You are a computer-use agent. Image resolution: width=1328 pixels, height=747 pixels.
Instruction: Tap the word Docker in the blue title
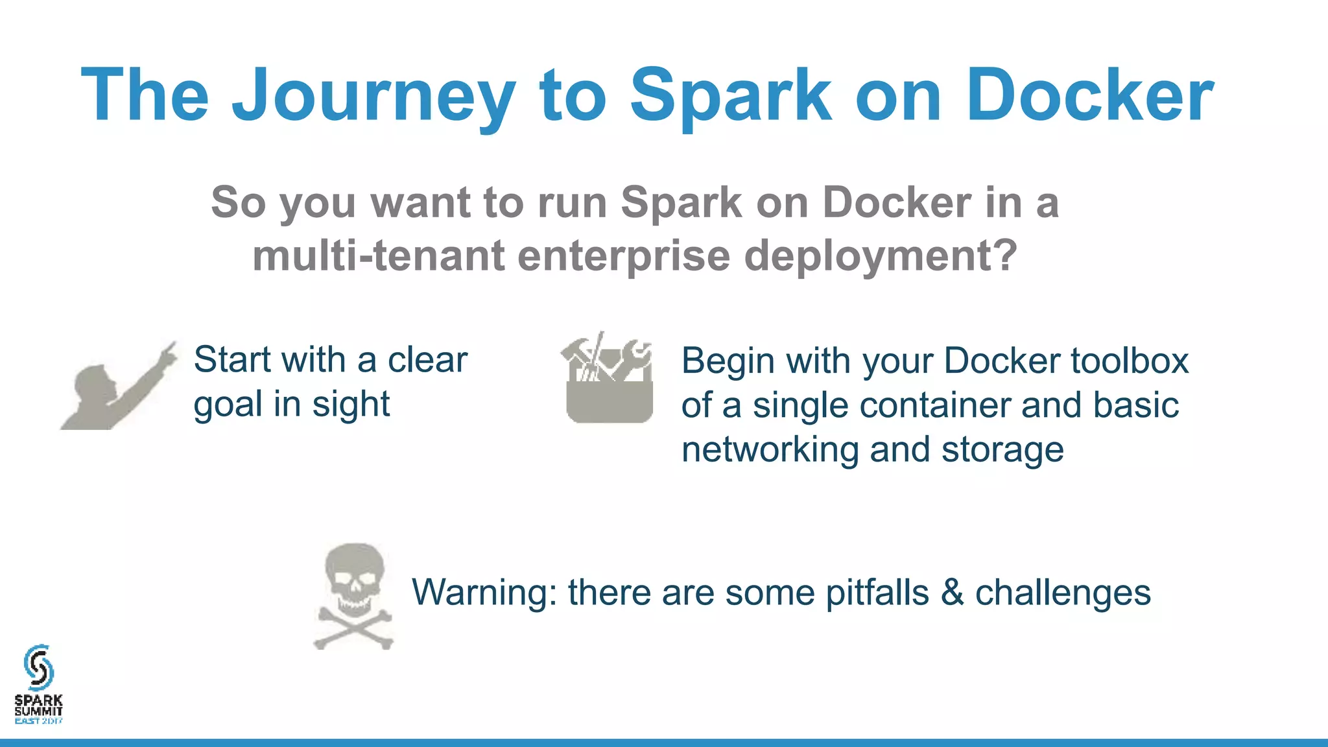pyautogui.click(x=1089, y=96)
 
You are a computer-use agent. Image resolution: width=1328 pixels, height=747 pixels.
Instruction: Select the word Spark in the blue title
pyautogui.click(x=731, y=96)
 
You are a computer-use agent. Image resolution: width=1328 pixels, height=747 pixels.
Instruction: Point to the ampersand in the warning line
pyautogui.click(x=952, y=593)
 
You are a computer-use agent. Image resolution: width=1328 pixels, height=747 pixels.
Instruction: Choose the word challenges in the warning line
pyautogui.click(x=1063, y=593)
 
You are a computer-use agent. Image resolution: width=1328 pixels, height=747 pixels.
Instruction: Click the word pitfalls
pyautogui.click(x=877, y=593)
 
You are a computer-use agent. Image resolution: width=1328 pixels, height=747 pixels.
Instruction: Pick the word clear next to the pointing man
pyautogui.click(x=427, y=360)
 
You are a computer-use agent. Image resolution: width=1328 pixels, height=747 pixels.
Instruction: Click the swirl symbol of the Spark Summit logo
pyautogui.click(x=38, y=667)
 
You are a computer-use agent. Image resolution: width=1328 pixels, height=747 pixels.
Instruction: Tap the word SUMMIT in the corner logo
pyautogui.click(x=39, y=711)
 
